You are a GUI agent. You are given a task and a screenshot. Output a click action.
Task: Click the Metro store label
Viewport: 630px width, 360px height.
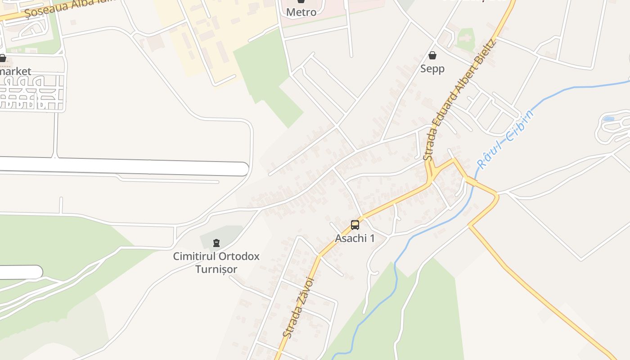click(301, 12)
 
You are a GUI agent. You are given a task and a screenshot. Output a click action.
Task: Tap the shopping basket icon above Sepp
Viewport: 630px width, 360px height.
click(432, 55)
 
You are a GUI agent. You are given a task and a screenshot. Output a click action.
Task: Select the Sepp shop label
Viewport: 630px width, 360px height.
click(432, 68)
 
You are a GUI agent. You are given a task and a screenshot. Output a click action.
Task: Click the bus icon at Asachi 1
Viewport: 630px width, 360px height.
click(355, 225)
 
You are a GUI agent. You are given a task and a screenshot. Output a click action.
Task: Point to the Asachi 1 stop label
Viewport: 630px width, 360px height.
click(355, 238)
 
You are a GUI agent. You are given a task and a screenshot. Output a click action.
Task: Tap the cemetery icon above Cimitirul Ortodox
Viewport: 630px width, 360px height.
click(216, 243)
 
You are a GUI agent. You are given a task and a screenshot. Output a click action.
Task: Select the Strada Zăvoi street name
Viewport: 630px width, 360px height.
click(298, 307)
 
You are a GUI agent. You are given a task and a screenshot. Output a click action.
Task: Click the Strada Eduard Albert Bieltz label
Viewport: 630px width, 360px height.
click(459, 100)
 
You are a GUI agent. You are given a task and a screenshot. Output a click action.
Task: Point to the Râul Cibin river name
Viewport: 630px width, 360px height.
click(506, 139)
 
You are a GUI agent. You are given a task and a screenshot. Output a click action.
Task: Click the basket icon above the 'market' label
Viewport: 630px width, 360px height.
click(2, 58)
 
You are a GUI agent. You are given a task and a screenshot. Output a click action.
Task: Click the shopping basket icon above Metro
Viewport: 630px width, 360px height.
click(301, 2)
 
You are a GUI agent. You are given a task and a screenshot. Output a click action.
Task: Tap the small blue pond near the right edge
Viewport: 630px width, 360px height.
click(608, 119)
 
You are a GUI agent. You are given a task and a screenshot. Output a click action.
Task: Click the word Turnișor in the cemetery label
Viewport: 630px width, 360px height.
click(216, 269)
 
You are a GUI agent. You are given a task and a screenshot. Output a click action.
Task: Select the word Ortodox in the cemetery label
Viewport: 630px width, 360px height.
click(238, 256)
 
